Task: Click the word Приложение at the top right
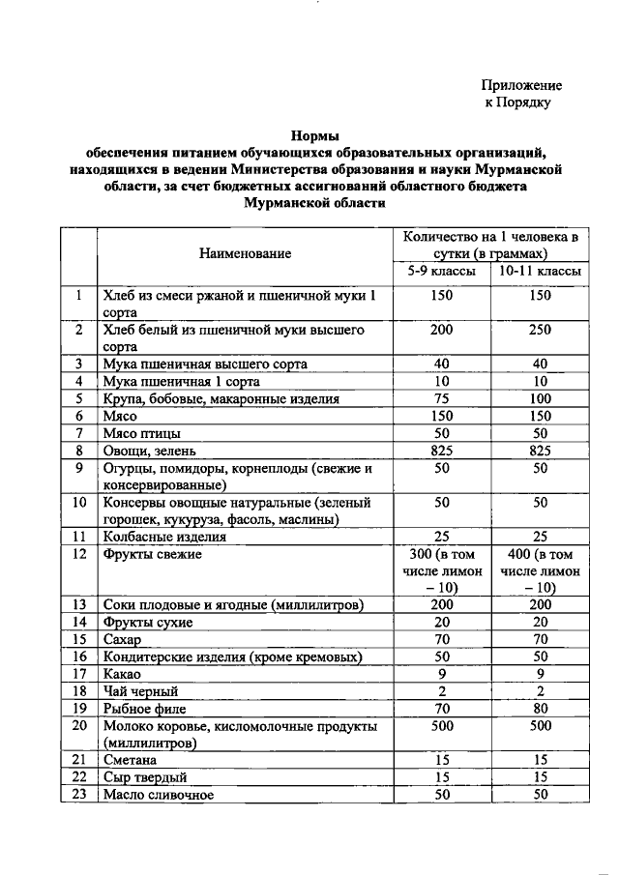522,86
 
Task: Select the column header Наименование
245,253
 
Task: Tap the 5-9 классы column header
442,272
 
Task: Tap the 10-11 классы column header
540,272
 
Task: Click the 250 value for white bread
540,331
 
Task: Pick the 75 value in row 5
442,398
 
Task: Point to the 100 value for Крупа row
540,398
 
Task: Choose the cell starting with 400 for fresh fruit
540,570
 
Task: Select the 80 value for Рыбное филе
540,709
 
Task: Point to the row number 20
80,725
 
